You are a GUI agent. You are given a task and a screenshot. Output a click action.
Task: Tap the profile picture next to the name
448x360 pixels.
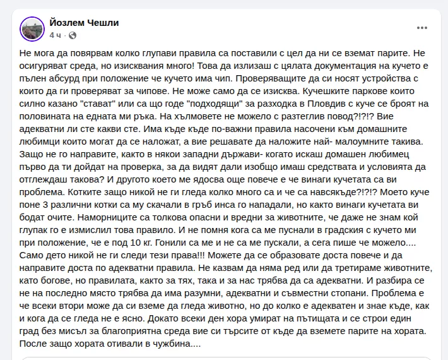point(32,28)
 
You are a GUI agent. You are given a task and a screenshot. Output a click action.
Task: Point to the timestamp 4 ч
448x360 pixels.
point(56,35)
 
